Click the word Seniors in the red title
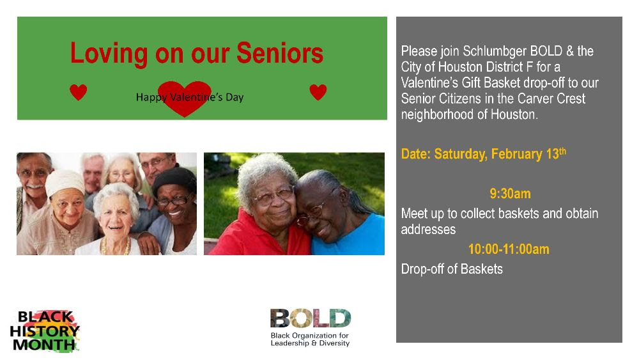[x=280, y=53]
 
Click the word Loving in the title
[x=109, y=54]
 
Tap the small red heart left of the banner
[x=78, y=92]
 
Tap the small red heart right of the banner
[x=318, y=92]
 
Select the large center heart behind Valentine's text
[x=184, y=98]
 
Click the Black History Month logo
[x=45, y=331]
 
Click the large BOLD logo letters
[x=311, y=318]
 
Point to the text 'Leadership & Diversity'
[x=310, y=343]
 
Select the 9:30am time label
[x=510, y=194]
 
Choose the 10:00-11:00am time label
[x=509, y=249]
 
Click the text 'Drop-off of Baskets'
[x=452, y=269]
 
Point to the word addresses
[x=428, y=230]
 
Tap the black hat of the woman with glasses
[x=174, y=180]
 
